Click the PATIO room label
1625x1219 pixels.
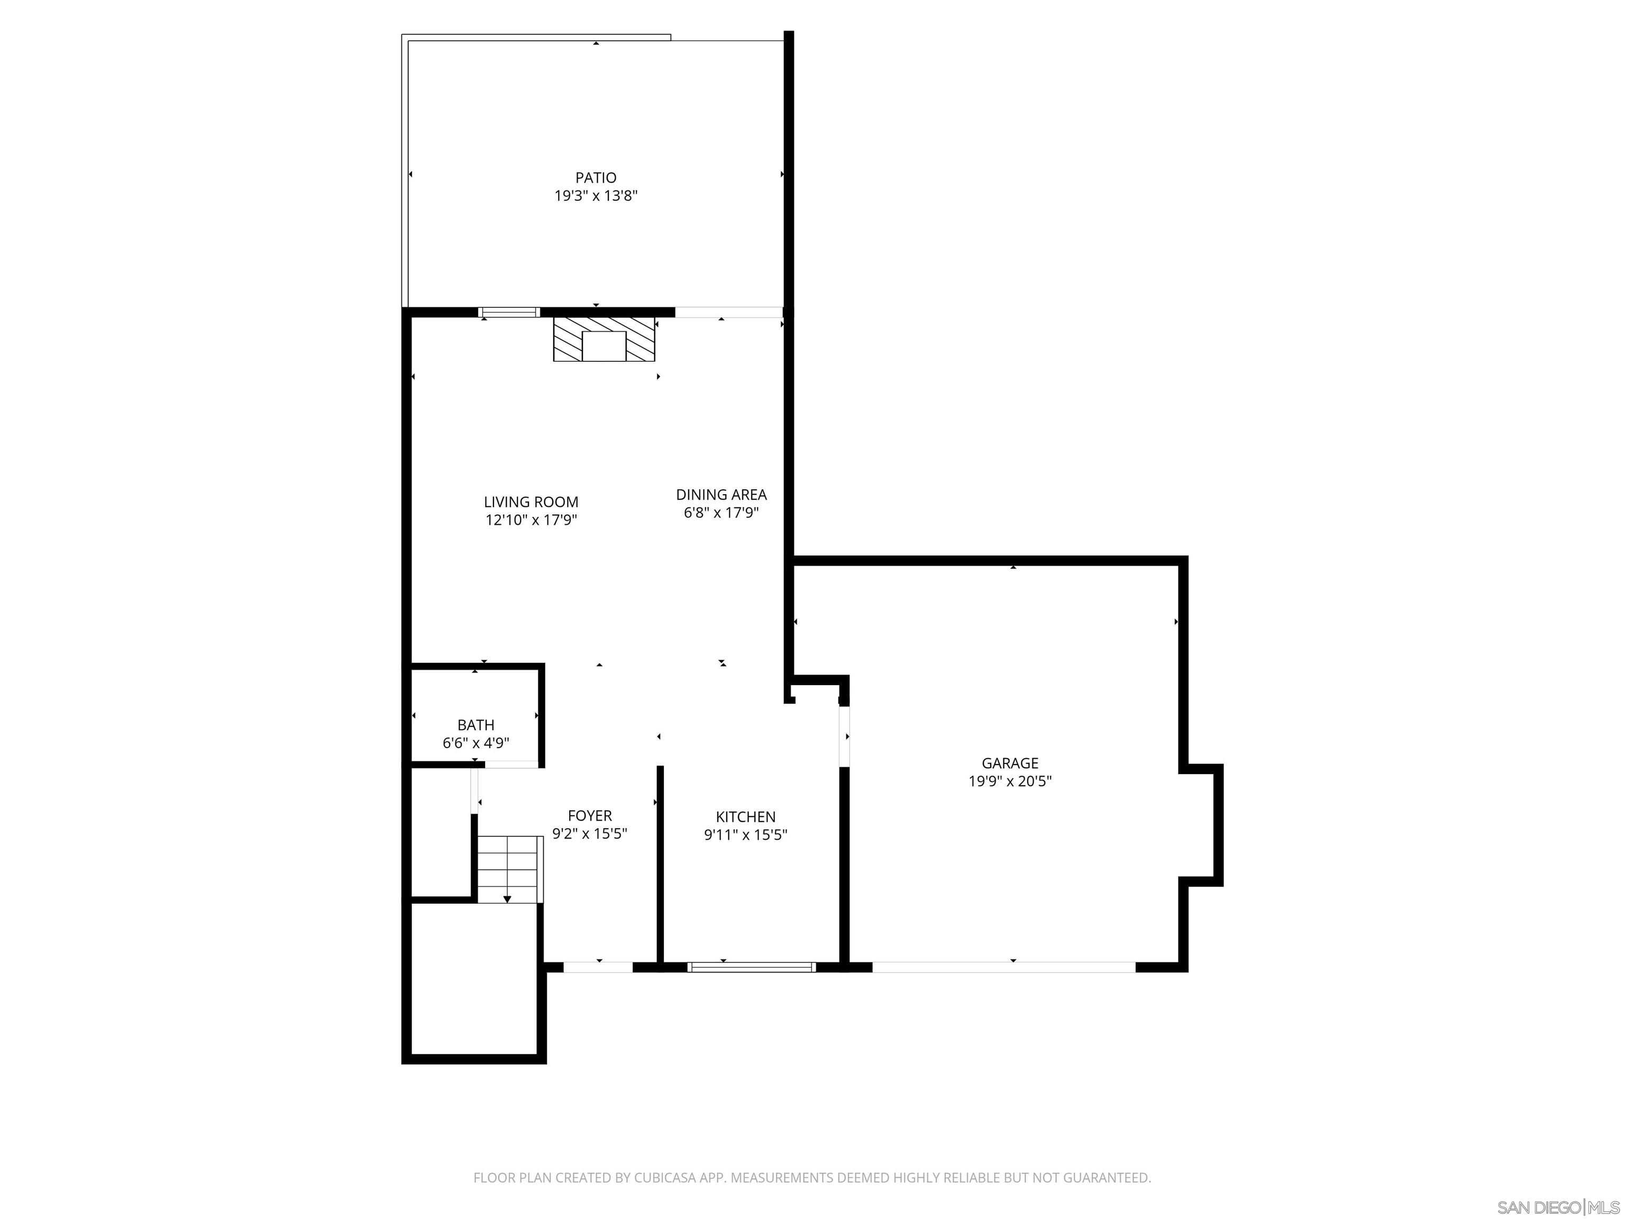595,177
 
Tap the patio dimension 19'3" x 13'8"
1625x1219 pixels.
595,195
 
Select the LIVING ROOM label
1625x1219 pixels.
531,502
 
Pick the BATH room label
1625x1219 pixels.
476,724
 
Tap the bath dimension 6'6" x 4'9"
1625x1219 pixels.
476,743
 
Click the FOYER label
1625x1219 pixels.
589,816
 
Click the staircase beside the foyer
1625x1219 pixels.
509,869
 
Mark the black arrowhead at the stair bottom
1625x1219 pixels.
507,899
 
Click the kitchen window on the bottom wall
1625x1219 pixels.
751,967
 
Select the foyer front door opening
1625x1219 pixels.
597,967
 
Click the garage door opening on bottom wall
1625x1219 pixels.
1003,967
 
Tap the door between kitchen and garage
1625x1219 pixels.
844,736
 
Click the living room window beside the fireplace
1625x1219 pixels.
509,312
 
